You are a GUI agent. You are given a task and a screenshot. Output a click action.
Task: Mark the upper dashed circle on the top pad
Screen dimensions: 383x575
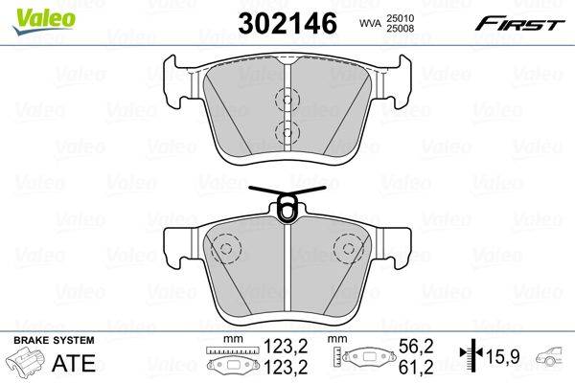(287, 99)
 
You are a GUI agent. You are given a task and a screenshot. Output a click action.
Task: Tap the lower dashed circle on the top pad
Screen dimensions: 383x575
(287, 131)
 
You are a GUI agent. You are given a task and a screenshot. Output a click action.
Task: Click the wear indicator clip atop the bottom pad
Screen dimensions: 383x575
(287, 203)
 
